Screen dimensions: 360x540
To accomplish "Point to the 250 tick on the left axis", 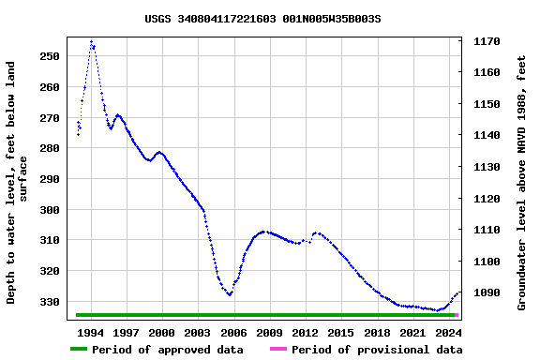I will tap(50, 56).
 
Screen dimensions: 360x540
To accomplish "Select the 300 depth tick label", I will tap(50, 210).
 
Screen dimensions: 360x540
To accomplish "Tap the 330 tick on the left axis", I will tap(50, 302).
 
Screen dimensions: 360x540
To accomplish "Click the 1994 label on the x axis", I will tap(91, 333).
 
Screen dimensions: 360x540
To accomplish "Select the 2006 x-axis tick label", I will tap(233, 333).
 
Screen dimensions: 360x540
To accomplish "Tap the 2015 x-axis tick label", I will tap(341, 333).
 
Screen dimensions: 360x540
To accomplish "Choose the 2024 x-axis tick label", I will tap(449, 333).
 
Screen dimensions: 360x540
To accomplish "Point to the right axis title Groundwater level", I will tap(522, 183).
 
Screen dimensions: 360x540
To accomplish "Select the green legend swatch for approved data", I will tap(78, 350).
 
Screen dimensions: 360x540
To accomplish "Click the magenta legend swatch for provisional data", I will tap(278, 350).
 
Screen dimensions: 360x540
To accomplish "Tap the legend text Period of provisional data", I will tap(376, 350).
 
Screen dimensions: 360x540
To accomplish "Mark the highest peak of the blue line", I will tap(91, 41).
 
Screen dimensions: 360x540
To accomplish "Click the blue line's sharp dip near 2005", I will tap(229, 294).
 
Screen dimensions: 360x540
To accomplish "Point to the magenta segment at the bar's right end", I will tap(457, 315).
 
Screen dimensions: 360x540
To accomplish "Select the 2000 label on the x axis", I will tap(162, 333).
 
